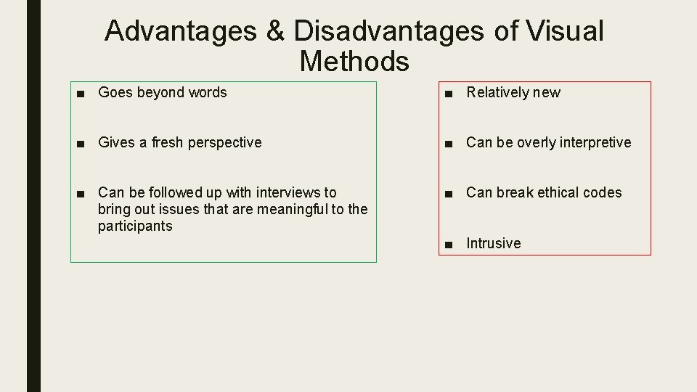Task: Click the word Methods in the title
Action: (354, 62)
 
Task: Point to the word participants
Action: (135, 226)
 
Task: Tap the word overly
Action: (537, 142)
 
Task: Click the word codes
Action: (604, 192)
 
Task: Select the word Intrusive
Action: (493, 243)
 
